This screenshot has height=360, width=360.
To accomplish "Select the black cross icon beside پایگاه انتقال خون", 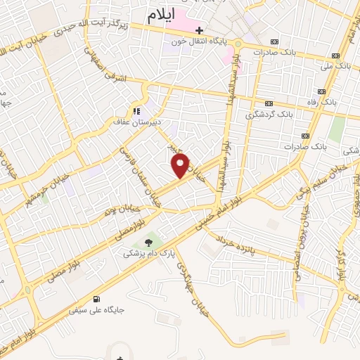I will coord(200,30).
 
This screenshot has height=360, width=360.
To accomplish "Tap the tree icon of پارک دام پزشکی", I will coord(148,242).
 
